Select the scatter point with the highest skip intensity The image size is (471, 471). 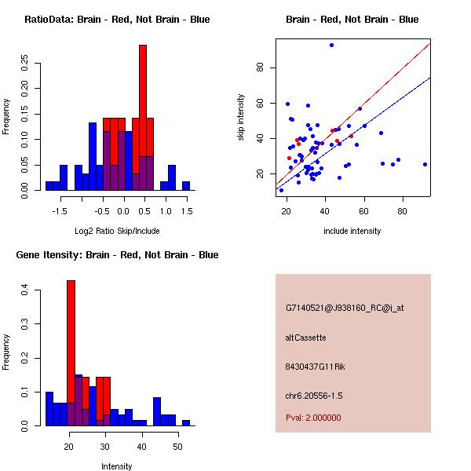point(332,45)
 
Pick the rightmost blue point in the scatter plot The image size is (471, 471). point(425,164)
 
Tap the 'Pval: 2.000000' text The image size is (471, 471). point(313,418)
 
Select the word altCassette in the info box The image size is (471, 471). point(305,338)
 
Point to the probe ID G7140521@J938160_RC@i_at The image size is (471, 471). point(345,309)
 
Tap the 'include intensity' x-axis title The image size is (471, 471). point(352,231)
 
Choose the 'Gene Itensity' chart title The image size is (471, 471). point(117,255)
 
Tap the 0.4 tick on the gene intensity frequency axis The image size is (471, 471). point(24,290)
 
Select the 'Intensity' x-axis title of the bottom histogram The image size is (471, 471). point(117,466)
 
